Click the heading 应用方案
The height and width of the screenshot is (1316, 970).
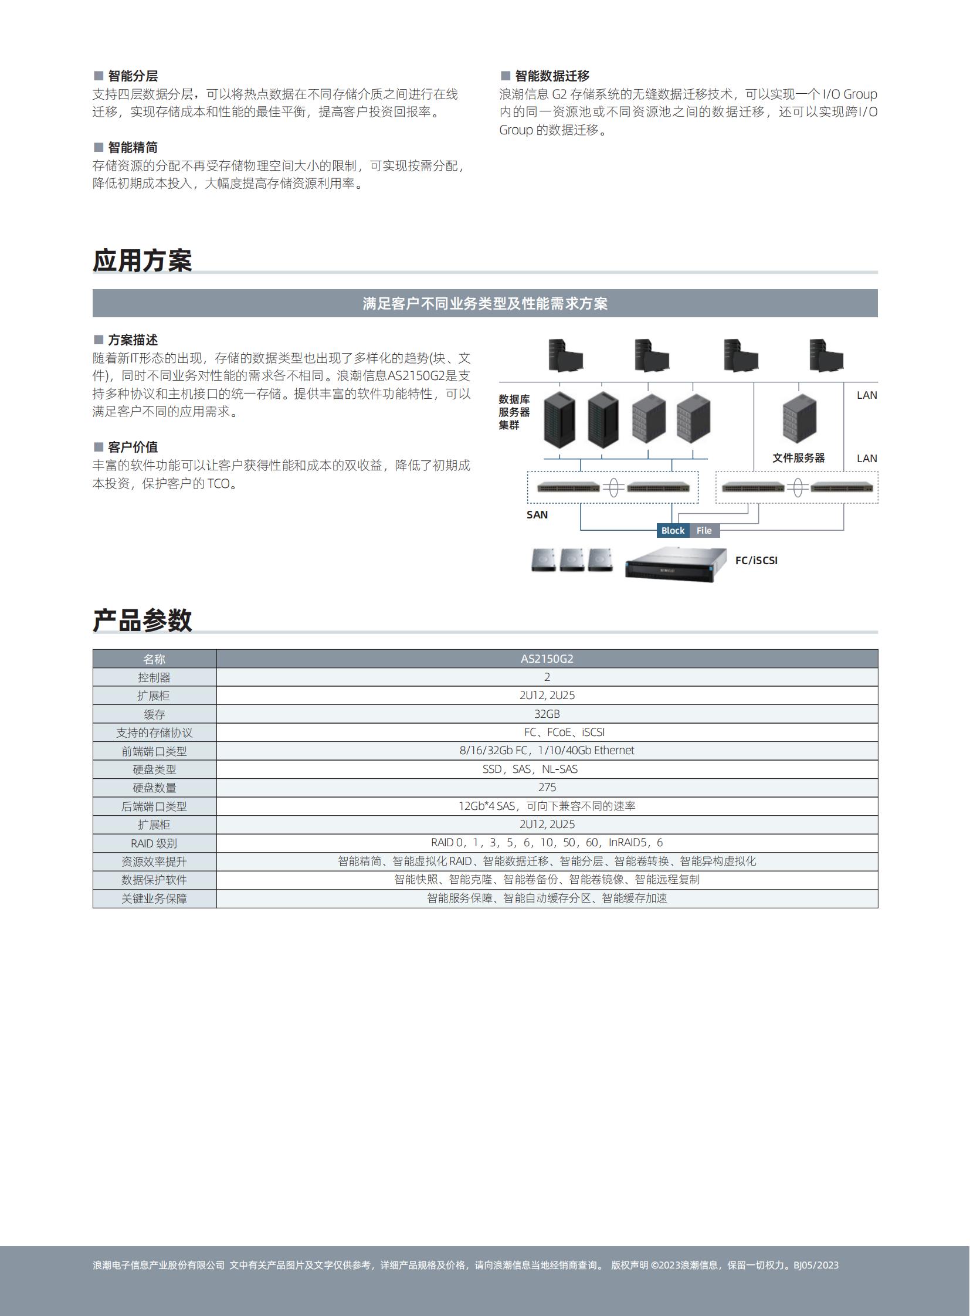point(142,260)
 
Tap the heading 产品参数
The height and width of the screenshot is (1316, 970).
point(142,620)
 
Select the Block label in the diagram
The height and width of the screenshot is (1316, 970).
point(672,530)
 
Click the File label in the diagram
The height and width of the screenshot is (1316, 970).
point(704,530)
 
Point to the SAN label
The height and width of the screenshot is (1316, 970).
point(537,514)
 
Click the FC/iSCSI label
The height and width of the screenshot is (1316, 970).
point(757,560)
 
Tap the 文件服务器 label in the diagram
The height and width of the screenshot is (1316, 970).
point(799,457)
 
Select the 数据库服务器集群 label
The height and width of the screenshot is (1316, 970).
point(514,412)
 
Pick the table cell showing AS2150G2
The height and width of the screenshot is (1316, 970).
point(547,659)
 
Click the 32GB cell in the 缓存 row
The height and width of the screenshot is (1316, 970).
point(547,714)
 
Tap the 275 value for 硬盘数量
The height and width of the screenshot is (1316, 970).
point(547,787)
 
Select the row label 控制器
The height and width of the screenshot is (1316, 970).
point(154,677)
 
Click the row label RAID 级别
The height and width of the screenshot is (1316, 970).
point(154,843)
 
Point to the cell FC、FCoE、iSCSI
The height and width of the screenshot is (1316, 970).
point(564,732)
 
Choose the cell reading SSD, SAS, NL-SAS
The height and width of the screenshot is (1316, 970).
point(530,769)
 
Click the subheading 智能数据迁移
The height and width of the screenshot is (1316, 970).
point(552,76)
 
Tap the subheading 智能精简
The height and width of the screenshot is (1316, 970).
point(133,147)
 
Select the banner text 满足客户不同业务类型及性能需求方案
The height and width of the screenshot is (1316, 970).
point(485,304)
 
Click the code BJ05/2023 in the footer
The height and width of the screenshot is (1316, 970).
point(816,1264)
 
